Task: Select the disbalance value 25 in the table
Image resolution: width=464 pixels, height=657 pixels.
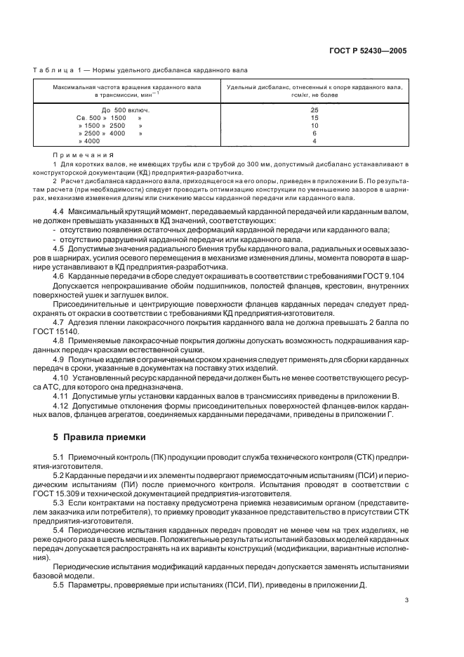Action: tap(314, 110)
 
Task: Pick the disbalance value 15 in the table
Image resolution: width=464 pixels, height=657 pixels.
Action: tap(314, 118)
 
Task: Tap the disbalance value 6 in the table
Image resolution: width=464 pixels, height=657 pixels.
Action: tap(314, 133)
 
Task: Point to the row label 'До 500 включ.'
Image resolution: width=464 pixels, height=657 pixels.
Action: tap(126, 110)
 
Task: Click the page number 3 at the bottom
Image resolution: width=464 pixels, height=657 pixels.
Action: tap(406, 619)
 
